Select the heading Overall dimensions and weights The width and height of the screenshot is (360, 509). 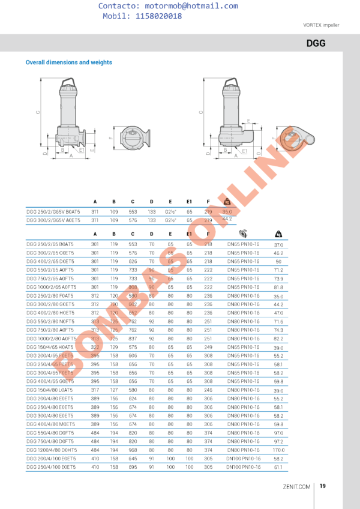click(68, 62)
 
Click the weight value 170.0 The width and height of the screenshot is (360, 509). click(278, 450)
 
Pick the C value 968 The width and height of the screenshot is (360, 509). click(133, 450)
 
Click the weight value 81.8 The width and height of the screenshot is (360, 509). click(278, 288)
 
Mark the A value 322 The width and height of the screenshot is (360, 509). click(95, 348)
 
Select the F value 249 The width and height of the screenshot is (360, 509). click(208, 348)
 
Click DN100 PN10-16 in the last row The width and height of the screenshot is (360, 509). click(243, 466)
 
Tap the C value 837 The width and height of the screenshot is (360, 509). click(133, 339)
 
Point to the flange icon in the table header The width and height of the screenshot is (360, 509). click(243, 234)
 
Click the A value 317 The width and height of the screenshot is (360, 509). click(95, 390)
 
